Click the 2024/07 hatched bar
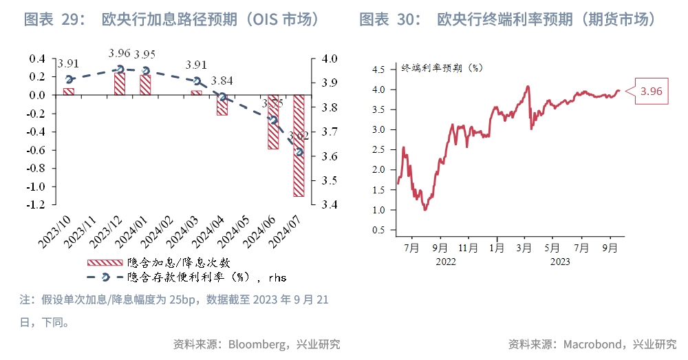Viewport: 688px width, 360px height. (299, 145)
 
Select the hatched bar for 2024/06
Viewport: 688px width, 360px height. (273, 122)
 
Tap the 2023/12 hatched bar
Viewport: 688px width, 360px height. (120, 83)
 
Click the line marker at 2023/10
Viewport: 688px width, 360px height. (69, 80)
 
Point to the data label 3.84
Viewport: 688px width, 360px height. (222, 81)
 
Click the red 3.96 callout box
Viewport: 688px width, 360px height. (650, 91)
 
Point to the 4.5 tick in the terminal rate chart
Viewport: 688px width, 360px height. (378, 70)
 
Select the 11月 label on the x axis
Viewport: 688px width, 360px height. (468, 248)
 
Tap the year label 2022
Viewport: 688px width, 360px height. (445, 262)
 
